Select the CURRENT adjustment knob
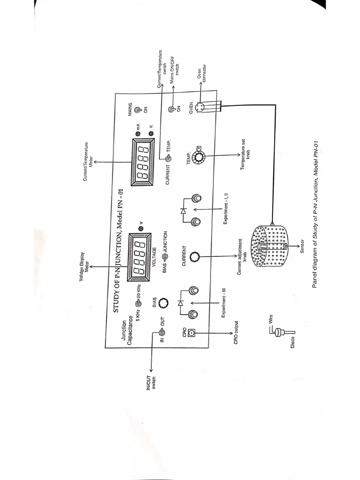point(195,257)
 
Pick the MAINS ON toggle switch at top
point(138,110)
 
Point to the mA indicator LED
point(138,134)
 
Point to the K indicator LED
point(151,134)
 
